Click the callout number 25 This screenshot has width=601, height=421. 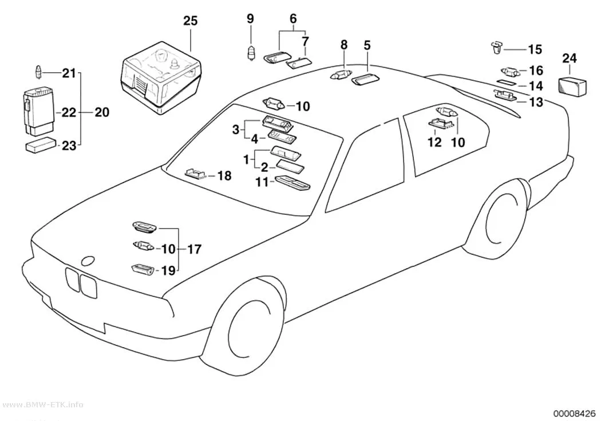(190, 21)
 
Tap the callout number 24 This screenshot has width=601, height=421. (569, 58)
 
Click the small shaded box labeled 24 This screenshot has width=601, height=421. (573, 86)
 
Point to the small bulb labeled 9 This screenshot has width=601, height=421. (251, 54)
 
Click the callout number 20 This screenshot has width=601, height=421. (101, 112)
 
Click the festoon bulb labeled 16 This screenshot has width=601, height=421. (511, 72)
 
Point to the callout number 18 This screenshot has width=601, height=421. (224, 176)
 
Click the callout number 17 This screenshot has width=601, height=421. (195, 249)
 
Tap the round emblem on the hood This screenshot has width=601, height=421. (89, 261)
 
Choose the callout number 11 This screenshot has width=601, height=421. (263, 182)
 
